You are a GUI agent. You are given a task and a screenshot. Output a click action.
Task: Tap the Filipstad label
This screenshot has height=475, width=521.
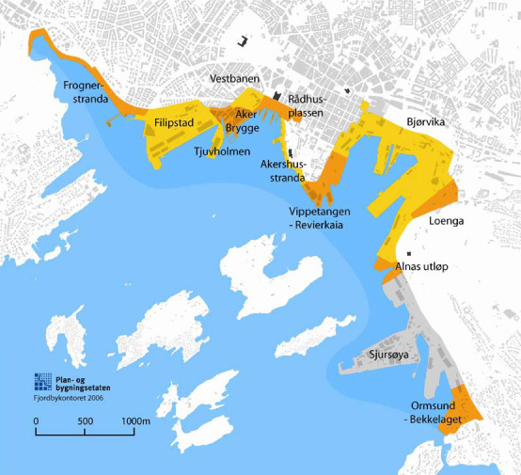tap(173, 122)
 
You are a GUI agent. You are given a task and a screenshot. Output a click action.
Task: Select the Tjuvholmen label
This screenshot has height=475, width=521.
tap(218, 151)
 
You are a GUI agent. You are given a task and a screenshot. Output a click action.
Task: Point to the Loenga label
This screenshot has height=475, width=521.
tap(449, 225)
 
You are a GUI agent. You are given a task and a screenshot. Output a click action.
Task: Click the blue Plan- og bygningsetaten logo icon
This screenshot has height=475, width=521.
tap(43, 381)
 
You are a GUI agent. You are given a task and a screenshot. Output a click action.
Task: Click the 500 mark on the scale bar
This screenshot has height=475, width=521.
tap(85, 420)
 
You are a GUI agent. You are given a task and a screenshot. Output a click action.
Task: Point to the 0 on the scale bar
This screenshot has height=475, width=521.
tap(36, 420)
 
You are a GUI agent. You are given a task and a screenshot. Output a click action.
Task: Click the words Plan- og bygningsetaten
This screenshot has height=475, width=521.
tap(82, 380)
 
